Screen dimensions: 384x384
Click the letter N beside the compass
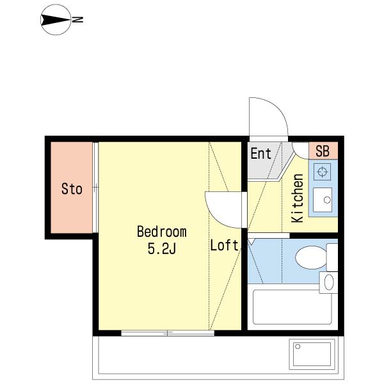pos(78,20)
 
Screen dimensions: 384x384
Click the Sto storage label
pos(72,189)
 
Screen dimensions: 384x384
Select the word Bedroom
pos(162,232)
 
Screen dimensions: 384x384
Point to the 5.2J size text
pos(162,249)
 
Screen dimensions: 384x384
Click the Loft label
pos(225,245)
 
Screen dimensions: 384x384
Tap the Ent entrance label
pos(261,154)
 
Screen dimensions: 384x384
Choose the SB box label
pos(323,151)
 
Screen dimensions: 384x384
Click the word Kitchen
pos(298,198)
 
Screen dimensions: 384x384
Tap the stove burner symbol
pos(323,172)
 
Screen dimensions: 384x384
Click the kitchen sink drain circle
pos(327,200)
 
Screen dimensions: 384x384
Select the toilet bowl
pos(311,257)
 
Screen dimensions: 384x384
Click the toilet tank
pos(332,257)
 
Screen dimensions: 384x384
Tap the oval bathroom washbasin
pos(329,282)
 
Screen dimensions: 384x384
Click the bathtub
pos(292,307)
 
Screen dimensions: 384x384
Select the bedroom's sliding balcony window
pos(168,333)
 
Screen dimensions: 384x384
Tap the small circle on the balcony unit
pos(298,346)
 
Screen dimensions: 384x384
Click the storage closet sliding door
pos(95,188)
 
